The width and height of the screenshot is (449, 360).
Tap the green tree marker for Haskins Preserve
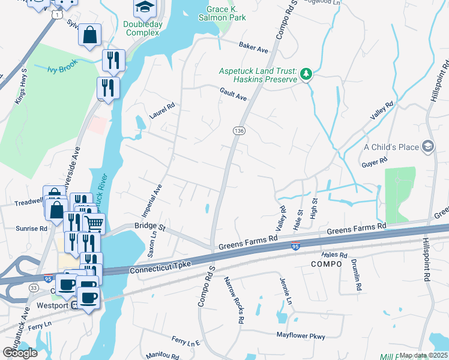click(x=307, y=74)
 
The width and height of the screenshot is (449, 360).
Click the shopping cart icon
click(x=94, y=224)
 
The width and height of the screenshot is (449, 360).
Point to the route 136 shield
click(x=238, y=130)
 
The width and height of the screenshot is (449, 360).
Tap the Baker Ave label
click(x=252, y=45)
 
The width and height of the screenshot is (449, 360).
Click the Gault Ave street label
click(x=233, y=93)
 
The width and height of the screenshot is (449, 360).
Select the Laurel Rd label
click(x=161, y=111)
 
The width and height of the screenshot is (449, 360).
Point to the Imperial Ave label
click(x=151, y=200)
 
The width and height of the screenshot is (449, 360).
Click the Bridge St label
click(x=149, y=226)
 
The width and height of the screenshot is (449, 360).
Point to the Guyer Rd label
click(x=375, y=161)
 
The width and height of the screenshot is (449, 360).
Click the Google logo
click(x=20, y=353)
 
